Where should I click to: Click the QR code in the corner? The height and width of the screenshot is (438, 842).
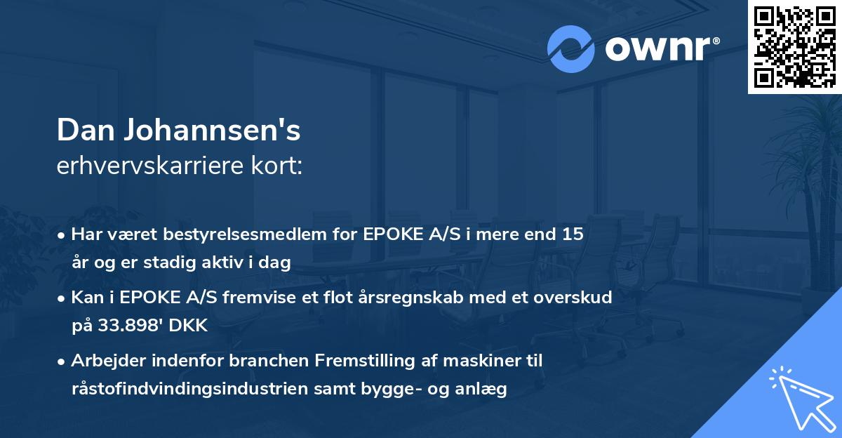795,46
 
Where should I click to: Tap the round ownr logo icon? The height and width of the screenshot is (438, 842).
571,49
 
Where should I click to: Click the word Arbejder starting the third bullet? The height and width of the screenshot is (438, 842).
107,361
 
